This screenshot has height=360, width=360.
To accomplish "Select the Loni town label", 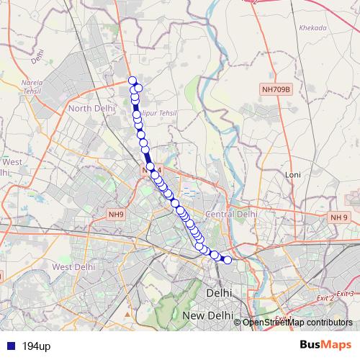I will pos(293,175).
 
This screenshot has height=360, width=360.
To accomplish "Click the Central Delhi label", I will pos(231,214).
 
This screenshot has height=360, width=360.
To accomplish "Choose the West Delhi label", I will pos(74,266).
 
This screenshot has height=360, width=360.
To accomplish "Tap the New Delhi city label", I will pos(205,316).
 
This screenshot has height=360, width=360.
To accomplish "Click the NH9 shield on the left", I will pos(117,214).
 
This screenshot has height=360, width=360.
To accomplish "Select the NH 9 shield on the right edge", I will pos(338,217).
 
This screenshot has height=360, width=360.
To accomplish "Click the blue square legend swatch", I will pos(8,346).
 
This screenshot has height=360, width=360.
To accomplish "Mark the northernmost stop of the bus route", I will pos(132,81).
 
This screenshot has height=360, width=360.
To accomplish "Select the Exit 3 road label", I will pos(346,293).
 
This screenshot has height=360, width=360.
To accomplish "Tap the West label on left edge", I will pos(12,162).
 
